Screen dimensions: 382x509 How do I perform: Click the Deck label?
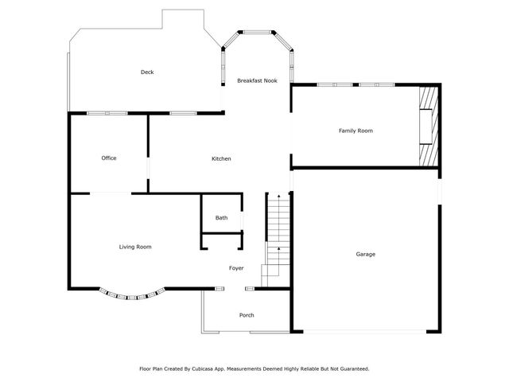point(147,72)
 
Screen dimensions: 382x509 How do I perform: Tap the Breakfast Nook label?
point(257,80)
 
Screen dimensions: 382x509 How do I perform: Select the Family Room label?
point(356,131)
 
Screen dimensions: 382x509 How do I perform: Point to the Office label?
point(109,158)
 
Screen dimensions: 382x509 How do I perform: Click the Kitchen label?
point(221,159)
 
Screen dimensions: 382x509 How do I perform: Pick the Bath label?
point(221,218)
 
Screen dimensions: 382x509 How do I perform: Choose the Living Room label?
point(135,247)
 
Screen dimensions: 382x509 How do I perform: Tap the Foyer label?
point(236,268)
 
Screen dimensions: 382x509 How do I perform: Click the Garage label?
point(365,254)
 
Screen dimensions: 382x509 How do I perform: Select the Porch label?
point(247,315)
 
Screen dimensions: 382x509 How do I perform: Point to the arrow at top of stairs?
point(278,196)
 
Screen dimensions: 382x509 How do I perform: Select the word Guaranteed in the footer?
point(352,369)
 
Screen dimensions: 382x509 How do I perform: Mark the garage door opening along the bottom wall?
point(364,330)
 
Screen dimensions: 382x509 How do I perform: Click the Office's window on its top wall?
point(107,113)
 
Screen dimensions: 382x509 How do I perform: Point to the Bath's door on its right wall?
point(242,218)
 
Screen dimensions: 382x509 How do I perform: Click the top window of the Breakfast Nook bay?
point(257,33)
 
